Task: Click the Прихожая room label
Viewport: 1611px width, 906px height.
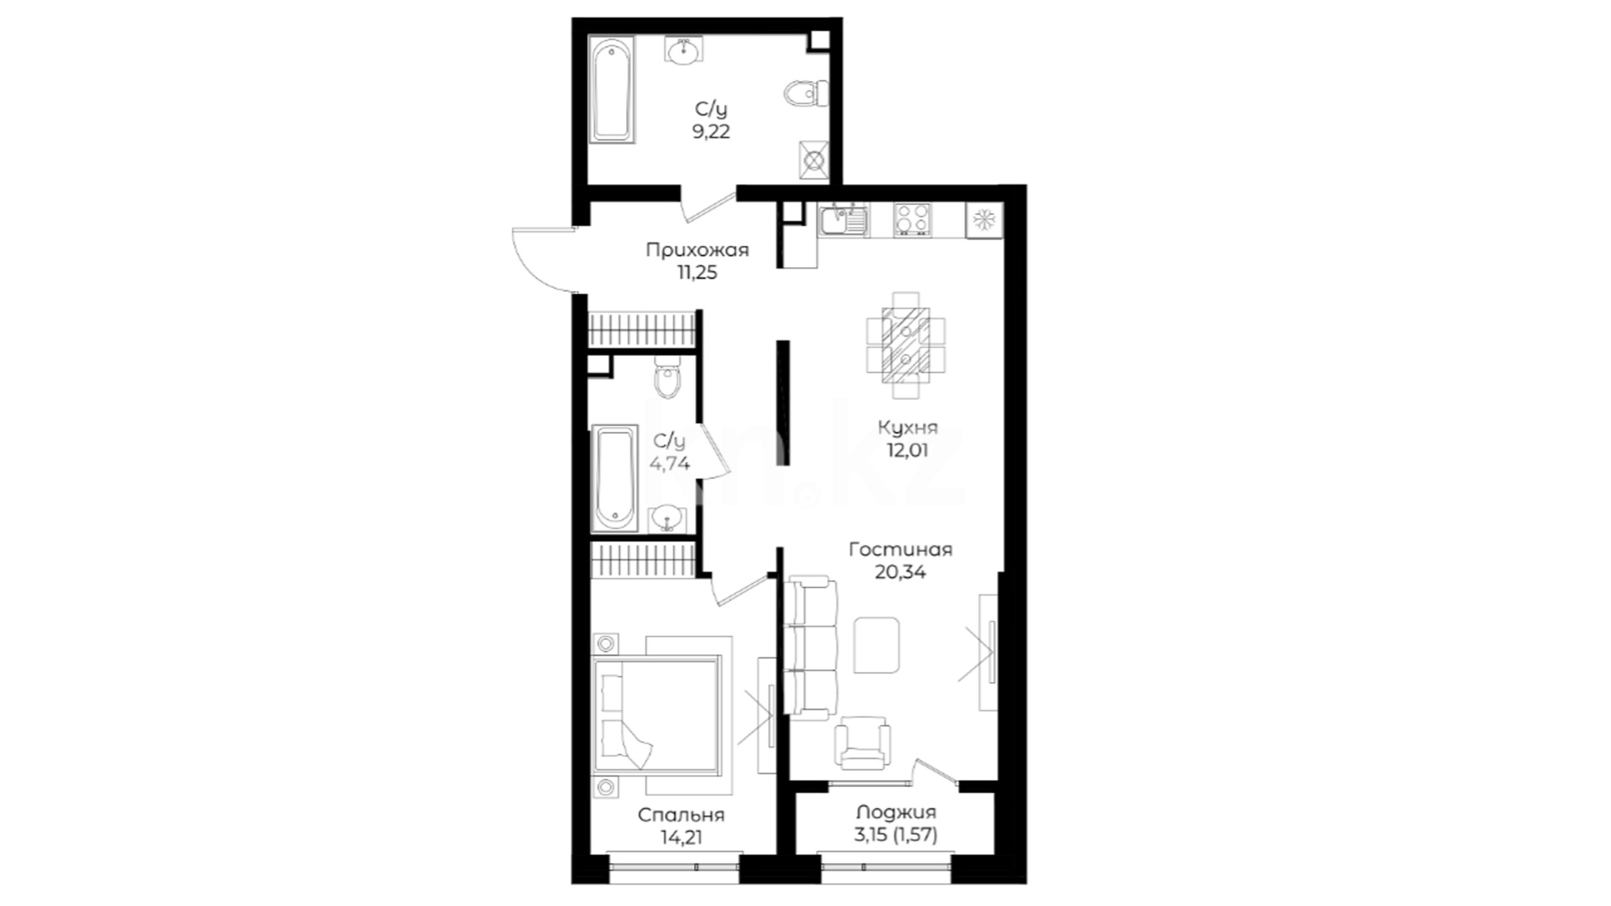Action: (697, 250)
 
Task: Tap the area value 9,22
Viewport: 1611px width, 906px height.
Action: (711, 132)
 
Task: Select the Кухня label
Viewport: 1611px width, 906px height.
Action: (908, 428)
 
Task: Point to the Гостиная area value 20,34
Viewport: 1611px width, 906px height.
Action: (900, 572)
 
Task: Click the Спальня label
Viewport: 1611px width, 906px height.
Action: (680, 815)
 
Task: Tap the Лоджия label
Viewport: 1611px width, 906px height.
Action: (896, 812)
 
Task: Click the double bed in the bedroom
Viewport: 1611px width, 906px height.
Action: (656, 716)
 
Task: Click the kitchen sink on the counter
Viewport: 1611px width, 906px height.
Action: (843, 220)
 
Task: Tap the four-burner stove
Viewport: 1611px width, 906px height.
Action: (912, 220)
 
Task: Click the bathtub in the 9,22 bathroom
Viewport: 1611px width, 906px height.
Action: (612, 89)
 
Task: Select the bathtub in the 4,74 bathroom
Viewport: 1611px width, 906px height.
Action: (614, 478)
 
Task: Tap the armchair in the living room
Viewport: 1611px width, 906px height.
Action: (862, 743)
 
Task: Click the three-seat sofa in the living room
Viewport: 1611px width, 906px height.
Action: (812, 647)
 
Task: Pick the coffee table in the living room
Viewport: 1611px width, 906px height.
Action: (877, 645)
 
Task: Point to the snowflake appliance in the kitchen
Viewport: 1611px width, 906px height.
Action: (983, 221)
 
